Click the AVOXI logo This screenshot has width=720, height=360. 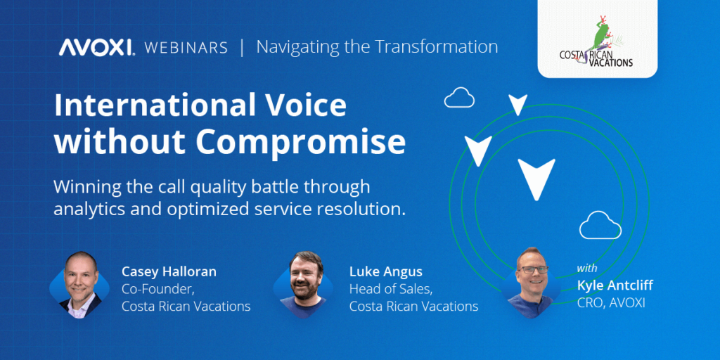tap(96, 47)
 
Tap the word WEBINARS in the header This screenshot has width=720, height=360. tap(186, 48)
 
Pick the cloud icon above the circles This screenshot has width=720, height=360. tap(459, 97)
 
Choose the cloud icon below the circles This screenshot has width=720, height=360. tap(600, 225)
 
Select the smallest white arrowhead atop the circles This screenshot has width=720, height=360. tap(518, 104)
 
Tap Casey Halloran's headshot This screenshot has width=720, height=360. tap(79, 284)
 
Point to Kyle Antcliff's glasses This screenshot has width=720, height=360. tap(533, 269)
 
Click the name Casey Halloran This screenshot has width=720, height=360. tap(169, 272)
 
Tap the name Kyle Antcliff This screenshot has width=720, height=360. tap(615, 285)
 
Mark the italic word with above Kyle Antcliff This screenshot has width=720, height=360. tap(587, 268)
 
